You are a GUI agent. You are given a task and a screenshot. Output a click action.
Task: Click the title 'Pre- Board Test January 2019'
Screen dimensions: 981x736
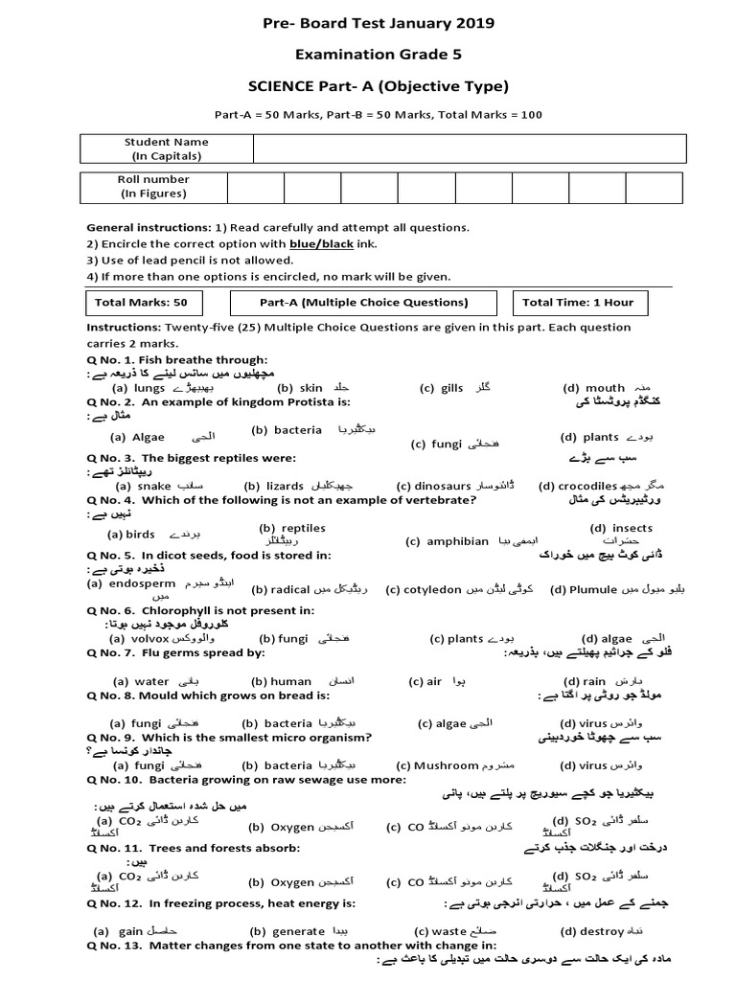(368, 23)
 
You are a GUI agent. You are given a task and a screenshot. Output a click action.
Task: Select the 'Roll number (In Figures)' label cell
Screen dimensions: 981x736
(153, 186)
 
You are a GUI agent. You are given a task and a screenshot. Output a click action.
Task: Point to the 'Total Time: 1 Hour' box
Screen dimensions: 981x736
(578, 303)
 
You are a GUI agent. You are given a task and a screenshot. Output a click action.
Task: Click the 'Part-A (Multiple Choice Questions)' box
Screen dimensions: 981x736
(363, 303)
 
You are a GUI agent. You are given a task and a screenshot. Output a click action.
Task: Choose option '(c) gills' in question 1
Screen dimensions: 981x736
(441, 388)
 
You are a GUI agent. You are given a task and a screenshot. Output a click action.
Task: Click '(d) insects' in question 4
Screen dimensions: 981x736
(621, 528)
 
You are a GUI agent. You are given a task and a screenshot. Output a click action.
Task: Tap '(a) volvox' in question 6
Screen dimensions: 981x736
(140, 638)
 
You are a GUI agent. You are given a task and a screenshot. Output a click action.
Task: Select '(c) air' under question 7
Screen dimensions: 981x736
(425, 682)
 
